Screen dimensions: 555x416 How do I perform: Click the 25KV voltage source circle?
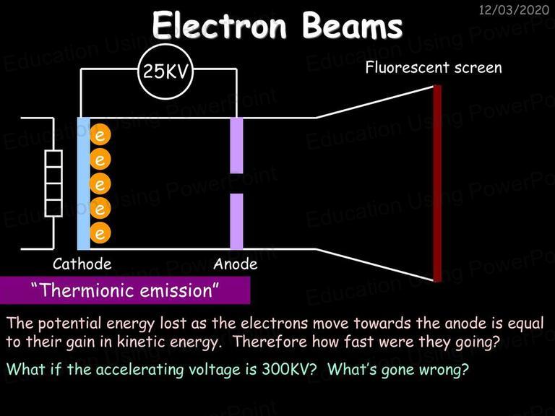165,71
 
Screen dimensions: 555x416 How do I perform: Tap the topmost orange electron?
100,135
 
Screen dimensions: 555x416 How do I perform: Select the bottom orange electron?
100,233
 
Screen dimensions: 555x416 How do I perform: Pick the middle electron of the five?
100,184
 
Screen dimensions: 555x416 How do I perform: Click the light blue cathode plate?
84,183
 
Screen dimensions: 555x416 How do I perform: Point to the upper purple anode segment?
236,145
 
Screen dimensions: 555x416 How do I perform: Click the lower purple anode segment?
236,222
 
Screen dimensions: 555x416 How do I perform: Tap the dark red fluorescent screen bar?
437,183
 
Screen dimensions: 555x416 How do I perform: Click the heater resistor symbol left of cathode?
53,183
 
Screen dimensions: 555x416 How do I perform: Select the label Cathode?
82,264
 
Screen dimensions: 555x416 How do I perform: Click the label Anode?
236,264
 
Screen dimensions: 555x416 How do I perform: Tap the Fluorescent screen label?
434,67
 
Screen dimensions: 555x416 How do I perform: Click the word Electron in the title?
220,25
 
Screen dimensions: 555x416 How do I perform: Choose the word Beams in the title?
353,25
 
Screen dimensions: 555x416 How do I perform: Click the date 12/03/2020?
514,9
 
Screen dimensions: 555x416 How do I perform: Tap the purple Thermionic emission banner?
125,290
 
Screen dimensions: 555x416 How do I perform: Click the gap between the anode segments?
236,183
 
